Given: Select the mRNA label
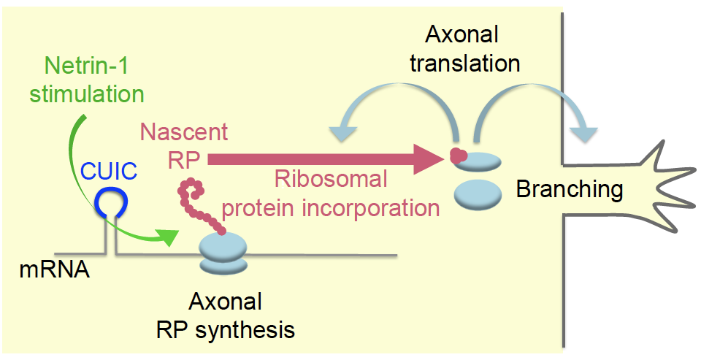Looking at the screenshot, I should point(55,271).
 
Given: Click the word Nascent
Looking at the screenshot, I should point(184,132).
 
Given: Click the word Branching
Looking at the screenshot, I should point(570,190).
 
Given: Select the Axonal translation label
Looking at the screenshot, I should point(464,50).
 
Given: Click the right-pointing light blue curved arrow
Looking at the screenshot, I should point(540,110).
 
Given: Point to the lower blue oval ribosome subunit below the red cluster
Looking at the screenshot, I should point(478,194).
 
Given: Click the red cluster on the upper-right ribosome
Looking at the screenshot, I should point(458,154).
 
